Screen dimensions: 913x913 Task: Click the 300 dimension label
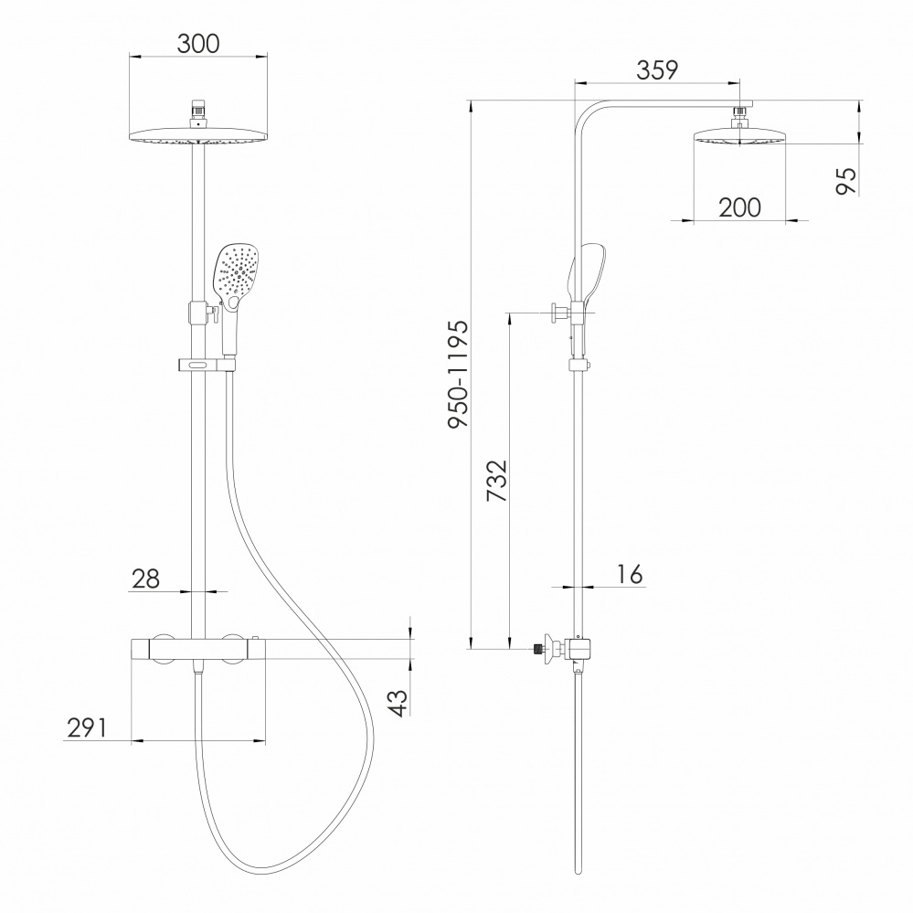click(198, 44)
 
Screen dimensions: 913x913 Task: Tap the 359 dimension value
click(657, 69)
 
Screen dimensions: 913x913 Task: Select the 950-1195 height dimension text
click(458, 375)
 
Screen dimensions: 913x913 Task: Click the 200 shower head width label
click(739, 207)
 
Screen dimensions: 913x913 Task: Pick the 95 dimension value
click(846, 181)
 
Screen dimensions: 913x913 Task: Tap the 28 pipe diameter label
click(145, 579)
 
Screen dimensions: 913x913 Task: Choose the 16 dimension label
click(630, 574)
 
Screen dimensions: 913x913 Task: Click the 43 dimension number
click(398, 704)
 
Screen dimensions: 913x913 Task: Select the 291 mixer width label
click(88, 727)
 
